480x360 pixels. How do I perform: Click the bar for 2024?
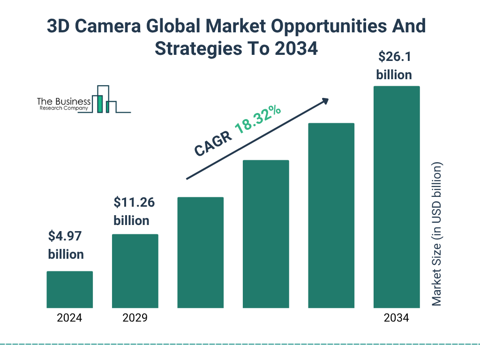(69, 290)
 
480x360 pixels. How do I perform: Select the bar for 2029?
(135, 271)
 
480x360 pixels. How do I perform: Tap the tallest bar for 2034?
(396, 197)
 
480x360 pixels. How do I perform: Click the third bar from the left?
(200, 253)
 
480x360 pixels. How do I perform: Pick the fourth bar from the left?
(266, 234)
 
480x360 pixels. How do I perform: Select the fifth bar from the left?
(331, 216)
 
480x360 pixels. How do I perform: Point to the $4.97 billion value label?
(66, 245)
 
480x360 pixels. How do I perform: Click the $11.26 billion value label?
(134, 211)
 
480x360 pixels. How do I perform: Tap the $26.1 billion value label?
(394, 66)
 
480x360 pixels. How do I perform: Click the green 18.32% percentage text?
(258, 120)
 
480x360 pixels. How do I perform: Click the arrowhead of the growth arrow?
(325, 101)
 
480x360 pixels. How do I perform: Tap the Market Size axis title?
(436, 234)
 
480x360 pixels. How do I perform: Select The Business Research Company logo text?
(64, 104)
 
